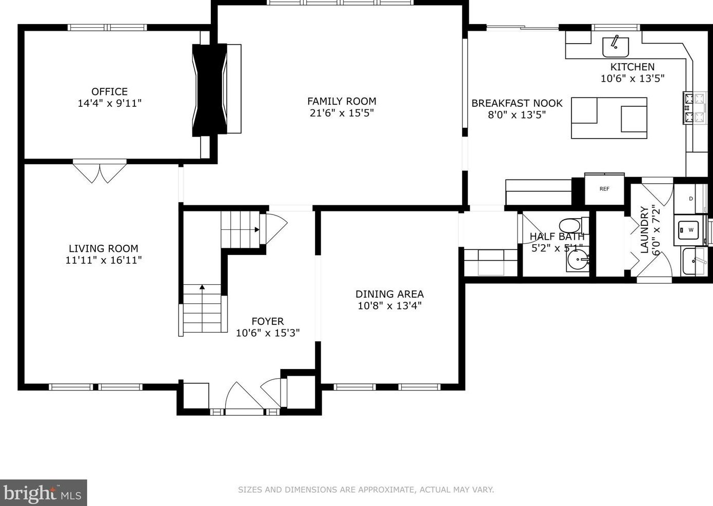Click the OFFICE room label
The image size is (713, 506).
109,92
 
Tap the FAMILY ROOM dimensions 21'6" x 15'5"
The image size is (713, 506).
342,113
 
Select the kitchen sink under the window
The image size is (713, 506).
616,47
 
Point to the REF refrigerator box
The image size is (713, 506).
604,189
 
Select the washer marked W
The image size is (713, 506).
690,229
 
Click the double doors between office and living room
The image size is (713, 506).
100,172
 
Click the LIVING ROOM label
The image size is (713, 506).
104,248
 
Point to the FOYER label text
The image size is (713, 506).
267,321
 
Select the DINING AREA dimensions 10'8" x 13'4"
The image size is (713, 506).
390,306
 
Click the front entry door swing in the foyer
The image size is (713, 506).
244,397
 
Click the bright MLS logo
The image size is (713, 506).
43,493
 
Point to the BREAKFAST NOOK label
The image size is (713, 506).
517,103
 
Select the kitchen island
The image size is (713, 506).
609,118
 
